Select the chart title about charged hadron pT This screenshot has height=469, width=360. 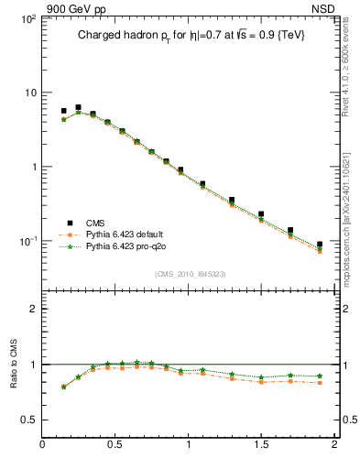[x=190, y=36]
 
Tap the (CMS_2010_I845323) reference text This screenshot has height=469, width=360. [x=190, y=274]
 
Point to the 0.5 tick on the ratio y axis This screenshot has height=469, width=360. [x=28, y=420]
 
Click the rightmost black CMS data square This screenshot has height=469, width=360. [x=320, y=245]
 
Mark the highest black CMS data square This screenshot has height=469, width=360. [x=78, y=107]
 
